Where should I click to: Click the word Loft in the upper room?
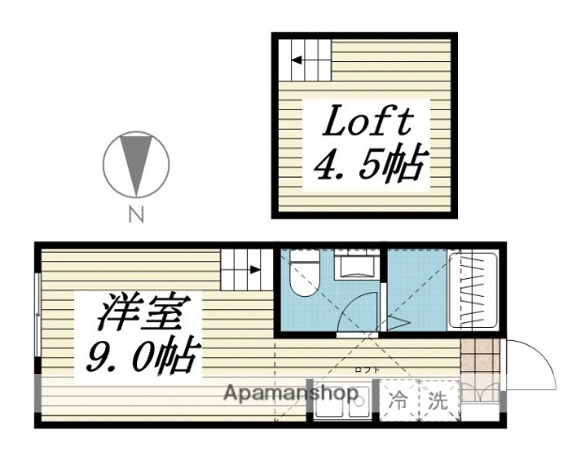pos(369,123)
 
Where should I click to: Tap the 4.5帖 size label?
pos(367,166)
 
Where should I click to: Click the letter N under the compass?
pos(136,214)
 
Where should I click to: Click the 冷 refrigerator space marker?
pos(400,398)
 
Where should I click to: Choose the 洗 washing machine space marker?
pos(437,398)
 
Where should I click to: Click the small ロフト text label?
pos(367,369)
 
